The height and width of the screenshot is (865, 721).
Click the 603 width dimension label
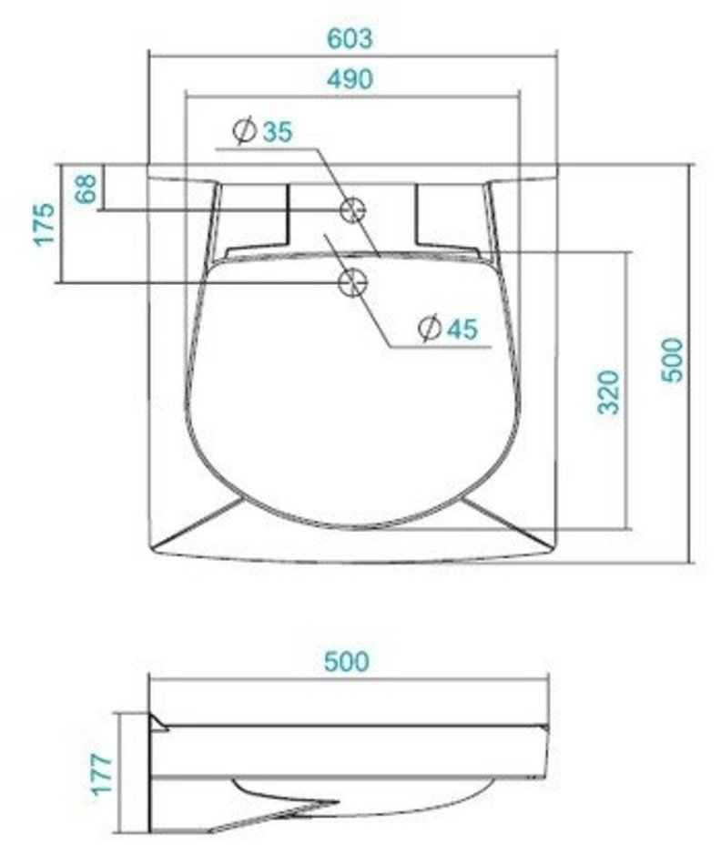[x=350, y=38]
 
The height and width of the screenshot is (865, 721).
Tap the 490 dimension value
[x=350, y=79]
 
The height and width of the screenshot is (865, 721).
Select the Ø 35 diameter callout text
[x=262, y=131]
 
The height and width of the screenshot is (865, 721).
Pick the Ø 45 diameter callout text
[x=447, y=329]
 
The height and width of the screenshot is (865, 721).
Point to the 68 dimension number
[x=86, y=188]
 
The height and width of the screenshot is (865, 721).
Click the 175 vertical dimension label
[x=45, y=225]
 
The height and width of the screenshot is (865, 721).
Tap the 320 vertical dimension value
[x=609, y=392]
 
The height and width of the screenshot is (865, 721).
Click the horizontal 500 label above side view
[x=346, y=661]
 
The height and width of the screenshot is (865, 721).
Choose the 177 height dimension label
[x=102, y=774]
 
